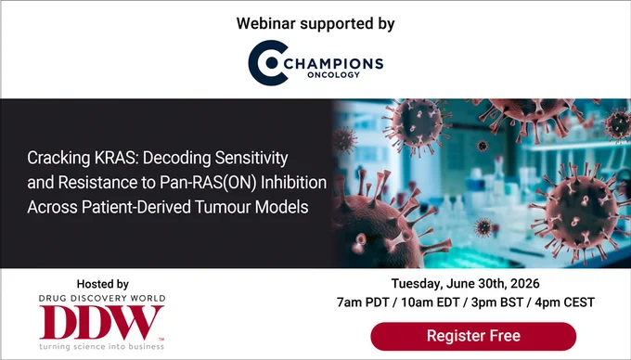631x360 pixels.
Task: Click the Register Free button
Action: pos(473,336)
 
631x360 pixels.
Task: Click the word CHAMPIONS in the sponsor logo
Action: pos(334,63)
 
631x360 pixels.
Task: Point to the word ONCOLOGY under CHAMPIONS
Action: pos(333,75)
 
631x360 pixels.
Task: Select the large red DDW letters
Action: pos(101,322)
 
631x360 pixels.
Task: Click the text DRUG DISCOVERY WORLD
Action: pos(102,299)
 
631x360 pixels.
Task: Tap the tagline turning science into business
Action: pos(101,346)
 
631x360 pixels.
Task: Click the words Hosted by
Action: pos(103,284)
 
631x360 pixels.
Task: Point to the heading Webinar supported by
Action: pos(315,24)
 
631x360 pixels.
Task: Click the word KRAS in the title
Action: pos(116,158)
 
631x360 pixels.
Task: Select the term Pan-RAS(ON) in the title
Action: pos(208,183)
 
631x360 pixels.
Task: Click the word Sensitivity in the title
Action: pos(251,158)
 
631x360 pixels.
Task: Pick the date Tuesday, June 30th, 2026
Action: pos(466,284)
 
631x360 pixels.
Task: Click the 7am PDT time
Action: pos(363,302)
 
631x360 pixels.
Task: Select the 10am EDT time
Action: pos(431,302)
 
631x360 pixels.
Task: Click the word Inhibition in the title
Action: pos(294,183)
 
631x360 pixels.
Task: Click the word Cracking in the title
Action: pos(58,158)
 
